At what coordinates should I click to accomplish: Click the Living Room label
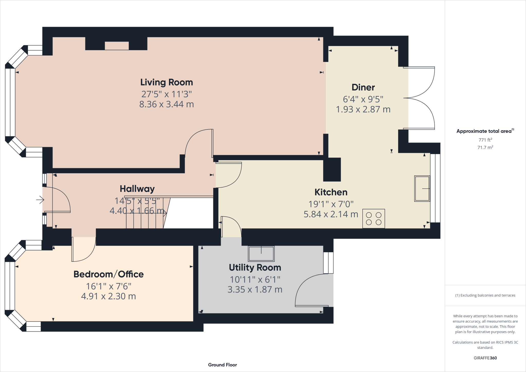(x=166, y=82)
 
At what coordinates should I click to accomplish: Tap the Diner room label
(x=363, y=88)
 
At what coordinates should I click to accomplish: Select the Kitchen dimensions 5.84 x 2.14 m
(x=331, y=214)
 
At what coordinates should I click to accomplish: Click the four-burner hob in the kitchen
(x=374, y=219)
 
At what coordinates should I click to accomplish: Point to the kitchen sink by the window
(x=422, y=189)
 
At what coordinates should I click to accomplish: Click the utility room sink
(x=261, y=253)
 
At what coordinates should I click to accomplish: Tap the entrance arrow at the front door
(x=40, y=200)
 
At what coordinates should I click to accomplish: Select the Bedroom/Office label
(x=108, y=274)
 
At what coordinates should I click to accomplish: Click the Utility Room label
(x=255, y=268)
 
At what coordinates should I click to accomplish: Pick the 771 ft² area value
(x=485, y=140)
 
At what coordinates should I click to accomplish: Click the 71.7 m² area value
(x=485, y=147)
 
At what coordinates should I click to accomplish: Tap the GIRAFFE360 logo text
(x=485, y=358)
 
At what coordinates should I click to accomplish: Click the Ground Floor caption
(x=222, y=365)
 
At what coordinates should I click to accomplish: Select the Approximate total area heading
(x=484, y=131)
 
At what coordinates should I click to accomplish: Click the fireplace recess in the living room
(x=117, y=46)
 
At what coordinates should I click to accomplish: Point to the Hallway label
(x=137, y=189)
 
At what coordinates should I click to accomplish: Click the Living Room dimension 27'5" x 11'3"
(x=166, y=94)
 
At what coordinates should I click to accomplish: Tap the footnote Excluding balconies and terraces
(x=485, y=295)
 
